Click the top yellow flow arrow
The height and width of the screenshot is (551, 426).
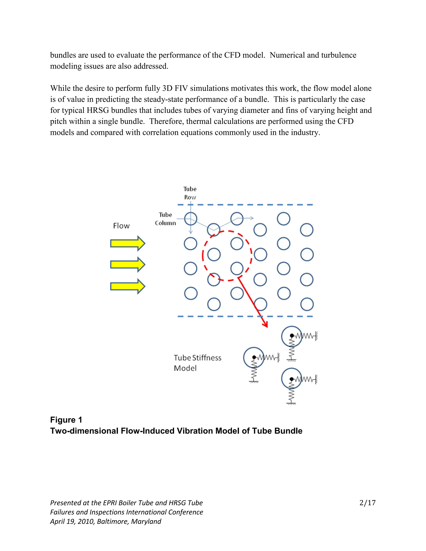[x=128, y=243]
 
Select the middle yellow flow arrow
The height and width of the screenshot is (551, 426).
[x=128, y=264]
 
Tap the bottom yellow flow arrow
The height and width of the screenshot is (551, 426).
[x=128, y=286]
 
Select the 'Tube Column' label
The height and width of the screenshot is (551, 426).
[x=165, y=219]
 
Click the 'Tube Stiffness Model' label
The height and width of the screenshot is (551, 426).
[x=197, y=363]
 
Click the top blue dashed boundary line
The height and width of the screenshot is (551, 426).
[x=245, y=205]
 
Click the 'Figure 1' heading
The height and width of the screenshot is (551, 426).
[x=66, y=420]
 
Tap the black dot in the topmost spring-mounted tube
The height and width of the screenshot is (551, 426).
[x=292, y=336]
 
